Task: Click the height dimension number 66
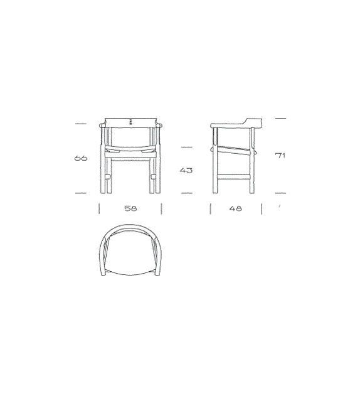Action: (x=80, y=158)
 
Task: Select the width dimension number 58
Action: (x=130, y=208)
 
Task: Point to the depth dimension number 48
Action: (x=236, y=208)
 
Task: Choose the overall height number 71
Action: (x=280, y=155)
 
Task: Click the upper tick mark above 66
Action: (x=80, y=124)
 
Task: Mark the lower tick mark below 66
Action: (x=80, y=193)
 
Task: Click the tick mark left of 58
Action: (x=99, y=208)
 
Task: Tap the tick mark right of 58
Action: (x=161, y=208)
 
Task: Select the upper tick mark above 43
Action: (x=186, y=148)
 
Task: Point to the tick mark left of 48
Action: (x=210, y=208)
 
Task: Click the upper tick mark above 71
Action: (x=280, y=118)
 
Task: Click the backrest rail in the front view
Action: (x=130, y=121)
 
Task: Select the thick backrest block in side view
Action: (x=253, y=121)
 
